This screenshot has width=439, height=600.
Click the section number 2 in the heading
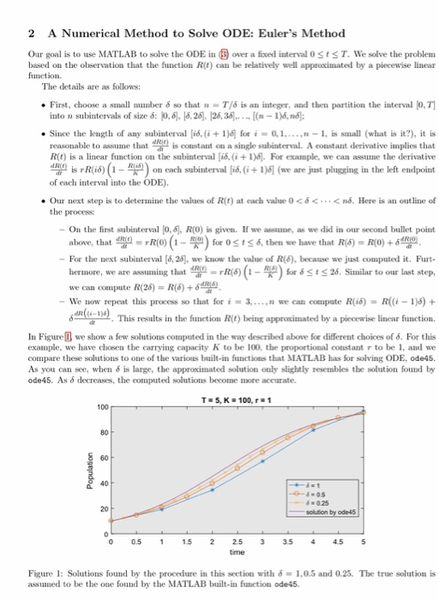pyautogui.click(x=31, y=34)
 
